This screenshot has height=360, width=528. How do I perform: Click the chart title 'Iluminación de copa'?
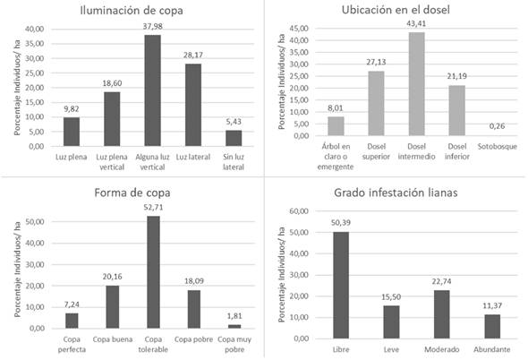(x=132, y=10)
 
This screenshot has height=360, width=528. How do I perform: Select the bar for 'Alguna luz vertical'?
(x=152, y=90)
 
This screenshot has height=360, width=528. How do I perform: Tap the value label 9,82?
(x=72, y=108)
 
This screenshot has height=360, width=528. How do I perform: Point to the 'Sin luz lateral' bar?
(x=234, y=138)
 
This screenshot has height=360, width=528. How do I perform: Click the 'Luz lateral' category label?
(x=193, y=157)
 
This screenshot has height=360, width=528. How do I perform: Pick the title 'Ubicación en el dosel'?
(x=396, y=10)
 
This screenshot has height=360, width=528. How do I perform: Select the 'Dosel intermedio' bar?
(x=416, y=84)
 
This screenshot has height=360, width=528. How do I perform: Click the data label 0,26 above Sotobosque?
(x=497, y=126)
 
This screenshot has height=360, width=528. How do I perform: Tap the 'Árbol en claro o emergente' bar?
(x=336, y=126)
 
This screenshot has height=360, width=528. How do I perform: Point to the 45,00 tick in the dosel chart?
(x=300, y=29)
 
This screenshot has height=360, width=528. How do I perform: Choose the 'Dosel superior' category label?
(x=376, y=151)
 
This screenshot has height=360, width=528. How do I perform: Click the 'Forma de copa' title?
(x=132, y=193)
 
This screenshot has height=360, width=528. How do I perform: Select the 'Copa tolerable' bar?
(x=154, y=272)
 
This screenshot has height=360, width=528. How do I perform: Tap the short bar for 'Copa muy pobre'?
(x=234, y=326)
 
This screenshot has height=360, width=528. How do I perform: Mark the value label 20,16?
(x=113, y=277)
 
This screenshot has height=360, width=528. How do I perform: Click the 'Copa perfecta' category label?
(x=72, y=344)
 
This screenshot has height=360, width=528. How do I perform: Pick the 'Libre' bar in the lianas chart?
(x=341, y=285)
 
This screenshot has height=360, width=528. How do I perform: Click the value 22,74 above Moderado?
(x=442, y=281)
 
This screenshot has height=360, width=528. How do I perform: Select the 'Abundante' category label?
(x=492, y=349)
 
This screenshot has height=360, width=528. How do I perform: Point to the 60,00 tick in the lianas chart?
(x=299, y=211)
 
